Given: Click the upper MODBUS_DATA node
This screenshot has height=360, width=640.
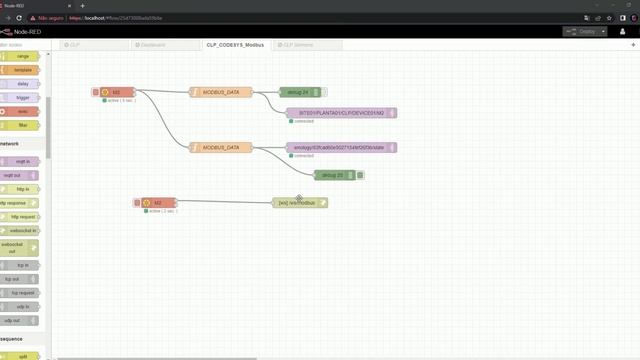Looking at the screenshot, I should pos(221,92).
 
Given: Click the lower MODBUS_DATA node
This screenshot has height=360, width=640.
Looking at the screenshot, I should pos(221,147).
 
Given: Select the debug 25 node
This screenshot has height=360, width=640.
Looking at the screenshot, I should pos(334,175).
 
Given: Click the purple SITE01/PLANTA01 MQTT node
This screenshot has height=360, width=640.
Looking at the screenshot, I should pos(342,113).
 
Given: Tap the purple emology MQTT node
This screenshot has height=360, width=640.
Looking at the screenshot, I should pos(342,147).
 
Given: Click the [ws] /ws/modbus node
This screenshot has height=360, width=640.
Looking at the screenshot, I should pos(299,203).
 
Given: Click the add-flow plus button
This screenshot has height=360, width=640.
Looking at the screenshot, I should pos(632,45).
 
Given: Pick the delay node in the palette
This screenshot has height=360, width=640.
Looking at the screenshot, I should pos(22,84).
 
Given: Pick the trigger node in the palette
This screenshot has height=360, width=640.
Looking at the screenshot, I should pos(22,98).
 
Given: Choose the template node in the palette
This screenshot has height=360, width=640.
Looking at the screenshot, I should pos(22,70).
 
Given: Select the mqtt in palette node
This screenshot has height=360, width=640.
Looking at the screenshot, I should pos(22,160).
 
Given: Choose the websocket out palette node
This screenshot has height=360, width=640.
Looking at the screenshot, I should pos(22,248).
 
